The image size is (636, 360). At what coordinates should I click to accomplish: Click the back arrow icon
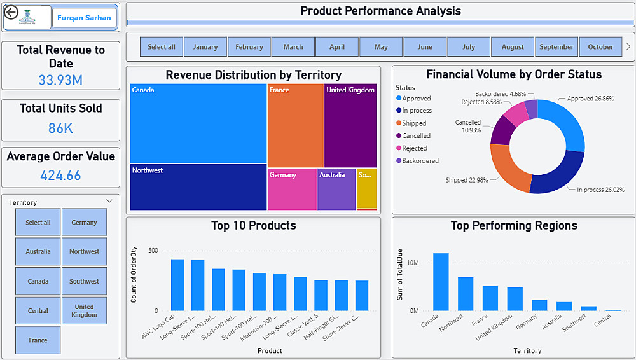(x=11, y=13)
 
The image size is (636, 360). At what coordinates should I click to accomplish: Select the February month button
(x=249, y=46)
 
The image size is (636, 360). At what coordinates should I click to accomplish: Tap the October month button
(x=600, y=46)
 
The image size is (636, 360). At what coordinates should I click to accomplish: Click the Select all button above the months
(x=162, y=46)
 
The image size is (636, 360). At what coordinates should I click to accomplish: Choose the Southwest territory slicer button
(x=84, y=281)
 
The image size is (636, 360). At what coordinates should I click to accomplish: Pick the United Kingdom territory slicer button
(x=84, y=310)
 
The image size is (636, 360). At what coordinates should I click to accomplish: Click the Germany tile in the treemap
(x=292, y=189)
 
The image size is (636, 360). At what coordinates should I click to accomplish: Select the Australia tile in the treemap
(x=336, y=189)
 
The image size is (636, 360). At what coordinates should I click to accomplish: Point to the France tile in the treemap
(x=295, y=125)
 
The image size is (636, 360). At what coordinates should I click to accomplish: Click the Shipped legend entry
(x=414, y=123)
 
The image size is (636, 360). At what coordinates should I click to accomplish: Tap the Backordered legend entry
(x=420, y=161)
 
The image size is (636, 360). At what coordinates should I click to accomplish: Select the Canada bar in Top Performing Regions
(x=441, y=282)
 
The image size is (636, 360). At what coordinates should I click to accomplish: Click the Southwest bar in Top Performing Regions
(x=589, y=308)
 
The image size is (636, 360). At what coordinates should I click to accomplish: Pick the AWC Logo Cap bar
(x=177, y=285)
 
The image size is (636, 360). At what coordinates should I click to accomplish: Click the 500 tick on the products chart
(x=153, y=250)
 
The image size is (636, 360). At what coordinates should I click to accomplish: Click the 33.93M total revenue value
(x=60, y=80)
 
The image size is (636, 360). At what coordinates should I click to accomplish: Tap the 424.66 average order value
(x=60, y=175)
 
